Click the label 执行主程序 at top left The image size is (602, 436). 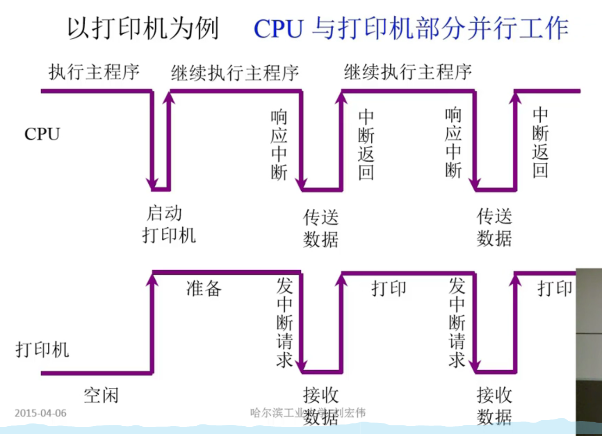[94, 73]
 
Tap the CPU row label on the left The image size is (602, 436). [42, 134]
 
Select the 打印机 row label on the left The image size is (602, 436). [42, 349]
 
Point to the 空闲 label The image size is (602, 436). [101, 396]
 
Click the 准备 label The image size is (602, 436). [204, 288]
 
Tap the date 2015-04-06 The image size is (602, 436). [40, 413]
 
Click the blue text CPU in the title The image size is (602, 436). [278, 29]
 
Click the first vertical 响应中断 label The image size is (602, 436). [279, 144]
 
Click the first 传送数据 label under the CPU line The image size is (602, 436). [321, 228]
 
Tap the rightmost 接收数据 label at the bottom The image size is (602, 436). [494, 406]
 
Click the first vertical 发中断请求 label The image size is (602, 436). [285, 323]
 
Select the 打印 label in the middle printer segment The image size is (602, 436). [388, 288]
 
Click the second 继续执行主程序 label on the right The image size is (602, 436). [408, 73]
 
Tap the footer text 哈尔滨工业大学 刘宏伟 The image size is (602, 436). [308, 412]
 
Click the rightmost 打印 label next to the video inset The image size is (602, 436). [555, 288]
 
